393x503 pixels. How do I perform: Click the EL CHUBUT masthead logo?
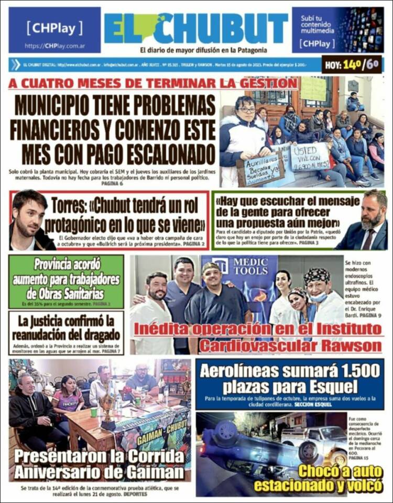196,28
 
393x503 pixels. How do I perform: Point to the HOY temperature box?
352,65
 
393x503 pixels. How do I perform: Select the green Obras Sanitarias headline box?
67,281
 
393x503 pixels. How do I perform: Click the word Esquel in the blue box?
331,387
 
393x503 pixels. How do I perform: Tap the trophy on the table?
108,408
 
